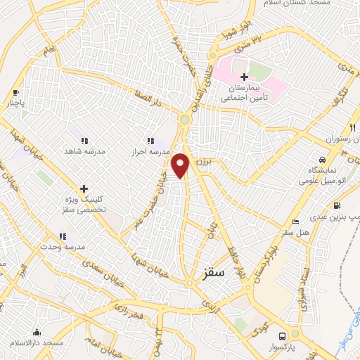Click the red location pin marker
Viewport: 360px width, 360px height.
[x=181, y=165]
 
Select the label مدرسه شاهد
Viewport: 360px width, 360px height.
[x=84, y=151]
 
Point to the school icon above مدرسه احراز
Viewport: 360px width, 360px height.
[x=149, y=141]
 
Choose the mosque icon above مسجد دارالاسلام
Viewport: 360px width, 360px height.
[x=37, y=332]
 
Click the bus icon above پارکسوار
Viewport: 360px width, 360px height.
[x=282, y=336]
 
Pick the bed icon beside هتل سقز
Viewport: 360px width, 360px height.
[x=295, y=223]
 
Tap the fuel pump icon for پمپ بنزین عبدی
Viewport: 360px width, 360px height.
[x=337, y=207]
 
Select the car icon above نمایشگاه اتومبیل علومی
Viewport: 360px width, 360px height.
[x=321, y=160]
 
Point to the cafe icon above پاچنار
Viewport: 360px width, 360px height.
[x=16, y=92]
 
